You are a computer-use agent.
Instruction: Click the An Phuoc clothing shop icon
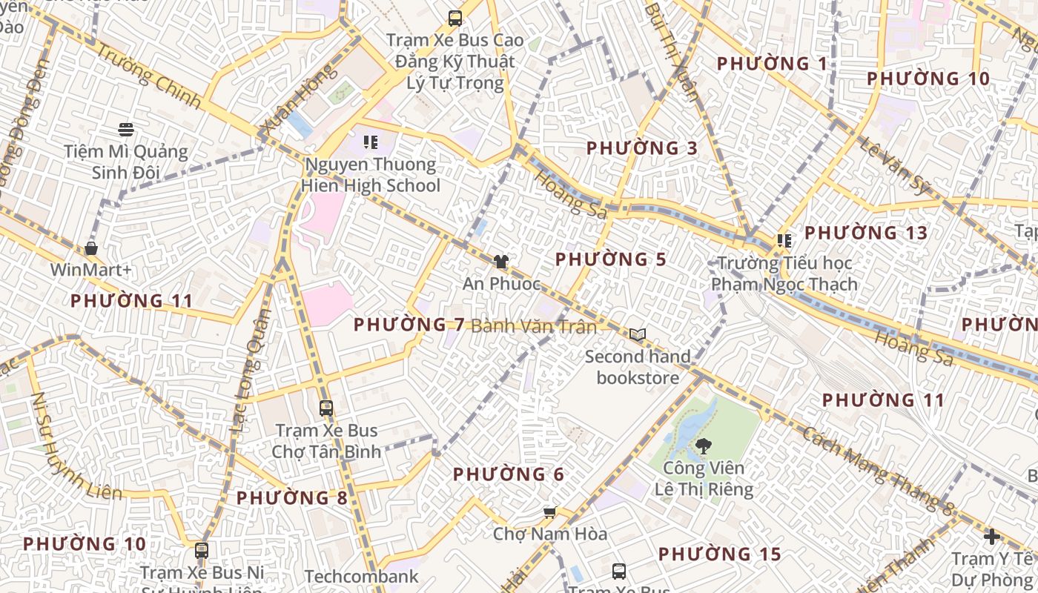tap(501, 262)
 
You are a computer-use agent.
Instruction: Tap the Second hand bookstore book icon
tap(638, 334)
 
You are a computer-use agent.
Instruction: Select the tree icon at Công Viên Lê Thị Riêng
tap(703, 446)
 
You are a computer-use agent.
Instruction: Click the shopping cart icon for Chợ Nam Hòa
tap(549, 512)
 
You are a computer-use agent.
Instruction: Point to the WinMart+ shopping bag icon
tap(91, 248)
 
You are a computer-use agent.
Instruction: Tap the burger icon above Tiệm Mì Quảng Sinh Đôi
tap(125, 130)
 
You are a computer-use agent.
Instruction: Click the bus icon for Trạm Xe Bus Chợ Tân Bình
tap(325, 408)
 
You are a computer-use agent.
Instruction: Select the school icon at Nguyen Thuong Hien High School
tap(371, 142)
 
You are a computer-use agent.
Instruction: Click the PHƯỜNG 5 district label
tap(610, 260)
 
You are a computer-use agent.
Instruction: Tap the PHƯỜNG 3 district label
tap(642, 148)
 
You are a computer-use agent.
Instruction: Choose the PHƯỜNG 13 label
tap(866, 233)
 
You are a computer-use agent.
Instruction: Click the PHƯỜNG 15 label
tap(719, 554)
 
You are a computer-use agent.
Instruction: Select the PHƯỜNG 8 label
tap(292, 498)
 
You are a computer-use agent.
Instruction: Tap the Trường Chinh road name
tap(149, 77)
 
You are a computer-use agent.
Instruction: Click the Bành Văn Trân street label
tap(534, 326)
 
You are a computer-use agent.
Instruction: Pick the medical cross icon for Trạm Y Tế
tap(992, 536)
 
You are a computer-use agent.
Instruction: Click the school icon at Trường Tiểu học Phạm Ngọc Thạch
tap(784, 240)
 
